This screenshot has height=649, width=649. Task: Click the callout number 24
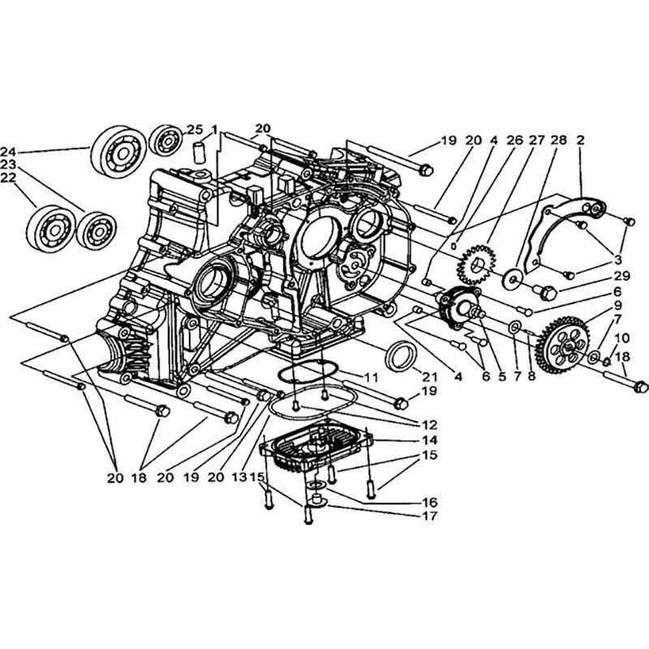tap(9, 152)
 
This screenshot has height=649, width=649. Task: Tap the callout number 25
tap(195, 130)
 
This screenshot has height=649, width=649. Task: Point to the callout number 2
tap(580, 140)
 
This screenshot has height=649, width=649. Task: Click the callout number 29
tap(621, 276)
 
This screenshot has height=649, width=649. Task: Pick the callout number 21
tap(429, 376)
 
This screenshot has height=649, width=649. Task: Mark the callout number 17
tap(430, 516)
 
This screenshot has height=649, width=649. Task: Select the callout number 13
tap(239, 477)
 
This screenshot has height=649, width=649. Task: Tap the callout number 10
tap(621, 338)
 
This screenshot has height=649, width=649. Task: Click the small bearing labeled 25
tap(165, 140)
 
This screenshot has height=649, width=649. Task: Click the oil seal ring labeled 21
tap(399, 355)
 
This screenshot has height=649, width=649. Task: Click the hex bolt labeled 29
tap(545, 292)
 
